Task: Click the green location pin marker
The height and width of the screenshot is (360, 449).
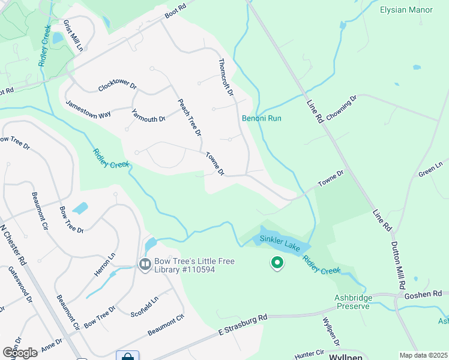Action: pyautogui.click(x=277, y=263)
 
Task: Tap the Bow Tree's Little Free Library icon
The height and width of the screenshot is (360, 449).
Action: pyautogui.click(x=145, y=264)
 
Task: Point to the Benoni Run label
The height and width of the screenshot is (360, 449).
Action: pyautogui.click(x=262, y=118)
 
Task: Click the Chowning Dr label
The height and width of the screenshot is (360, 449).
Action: pyautogui.click(x=342, y=107)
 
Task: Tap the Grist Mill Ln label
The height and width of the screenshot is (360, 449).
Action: pyautogui.click(x=73, y=36)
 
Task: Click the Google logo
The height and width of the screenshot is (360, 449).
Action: pyautogui.click(x=20, y=352)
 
